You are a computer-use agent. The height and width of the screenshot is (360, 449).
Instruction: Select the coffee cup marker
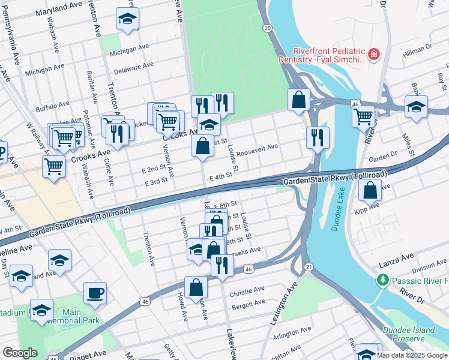(95, 293)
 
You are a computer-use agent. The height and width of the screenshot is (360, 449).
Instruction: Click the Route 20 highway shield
(267, 28)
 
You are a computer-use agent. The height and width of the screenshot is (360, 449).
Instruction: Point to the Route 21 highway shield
(309, 266)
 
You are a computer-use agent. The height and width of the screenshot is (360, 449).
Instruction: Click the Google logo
(20, 353)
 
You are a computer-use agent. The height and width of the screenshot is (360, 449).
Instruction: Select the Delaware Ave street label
(134, 66)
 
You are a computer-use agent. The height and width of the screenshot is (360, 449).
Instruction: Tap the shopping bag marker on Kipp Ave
(370, 191)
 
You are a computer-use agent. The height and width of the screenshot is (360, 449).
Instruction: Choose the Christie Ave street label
(247, 290)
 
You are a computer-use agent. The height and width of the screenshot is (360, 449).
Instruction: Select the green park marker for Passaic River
(382, 280)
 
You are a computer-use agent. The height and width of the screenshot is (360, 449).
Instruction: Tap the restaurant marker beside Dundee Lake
(318, 137)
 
